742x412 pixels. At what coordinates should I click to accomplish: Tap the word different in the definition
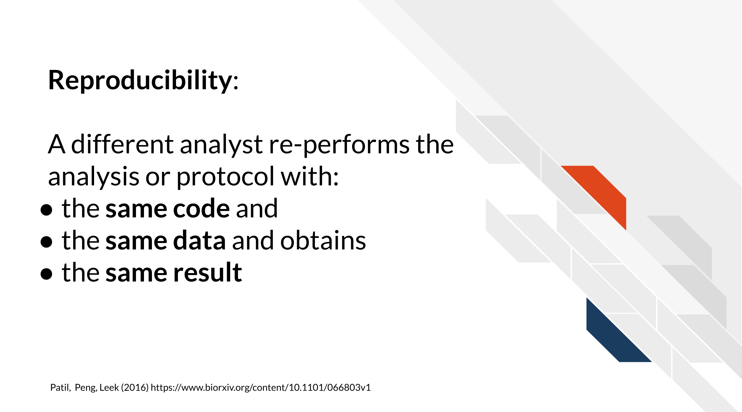click(x=122, y=145)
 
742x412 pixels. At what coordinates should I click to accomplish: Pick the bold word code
click(x=201, y=208)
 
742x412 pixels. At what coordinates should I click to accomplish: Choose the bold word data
click(x=199, y=240)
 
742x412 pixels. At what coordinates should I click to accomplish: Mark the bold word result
click(x=208, y=272)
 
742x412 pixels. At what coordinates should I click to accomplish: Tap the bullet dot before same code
click(x=46, y=210)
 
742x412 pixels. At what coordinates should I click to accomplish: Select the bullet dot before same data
click(x=46, y=242)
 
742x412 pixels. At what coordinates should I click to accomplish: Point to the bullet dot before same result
click(x=46, y=274)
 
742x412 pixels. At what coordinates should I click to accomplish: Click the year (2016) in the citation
click(x=134, y=388)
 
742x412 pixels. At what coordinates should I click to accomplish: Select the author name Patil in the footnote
click(x=60, y=388)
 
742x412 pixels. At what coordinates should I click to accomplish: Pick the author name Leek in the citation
click(x=109, y=388)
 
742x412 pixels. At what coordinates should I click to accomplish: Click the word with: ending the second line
click(x=310, y=177)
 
